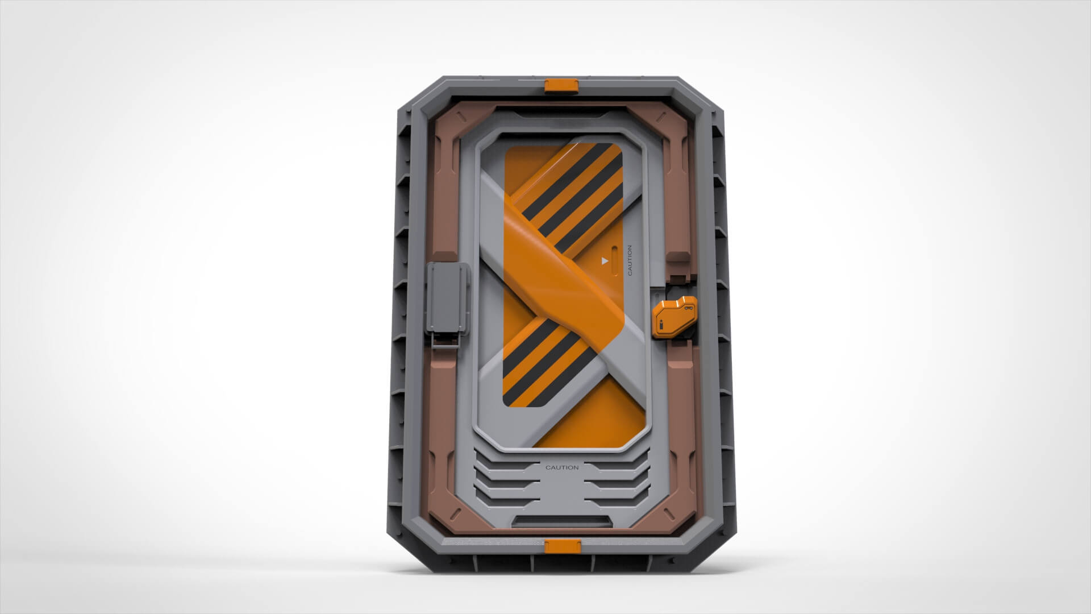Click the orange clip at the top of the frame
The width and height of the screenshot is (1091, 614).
(561, 85)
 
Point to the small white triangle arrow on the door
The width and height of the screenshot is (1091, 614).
(605, 261)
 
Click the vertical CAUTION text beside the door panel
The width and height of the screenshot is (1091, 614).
(629, 260)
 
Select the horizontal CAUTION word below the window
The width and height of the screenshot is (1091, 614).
(562, 467)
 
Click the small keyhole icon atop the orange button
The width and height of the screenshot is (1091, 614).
(688, 308)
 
